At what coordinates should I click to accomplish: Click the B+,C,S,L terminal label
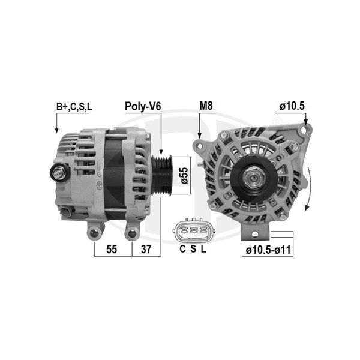pyautogui.click(x=74, y=107)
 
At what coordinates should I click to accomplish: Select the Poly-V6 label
pyautogui.click(x=143, y=106)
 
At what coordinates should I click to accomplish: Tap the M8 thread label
pyautogui.click(x=206, y=106)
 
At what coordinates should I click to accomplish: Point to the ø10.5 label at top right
pyautogui.click(x=292, y=106)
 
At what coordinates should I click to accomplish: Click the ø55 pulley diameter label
pyautogui.click(x=184, y=176)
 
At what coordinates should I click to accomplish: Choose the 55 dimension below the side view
pyautogui.click(x=112, y=249)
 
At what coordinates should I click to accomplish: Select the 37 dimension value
pyautogui.click(x=146, y=249)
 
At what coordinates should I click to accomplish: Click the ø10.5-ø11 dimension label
pyautogui.click(x=268, y=250)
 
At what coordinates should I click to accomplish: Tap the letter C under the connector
pyautogui.click(x=182, y=249)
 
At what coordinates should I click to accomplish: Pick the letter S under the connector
pyautogui.click(x=194, y=249)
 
